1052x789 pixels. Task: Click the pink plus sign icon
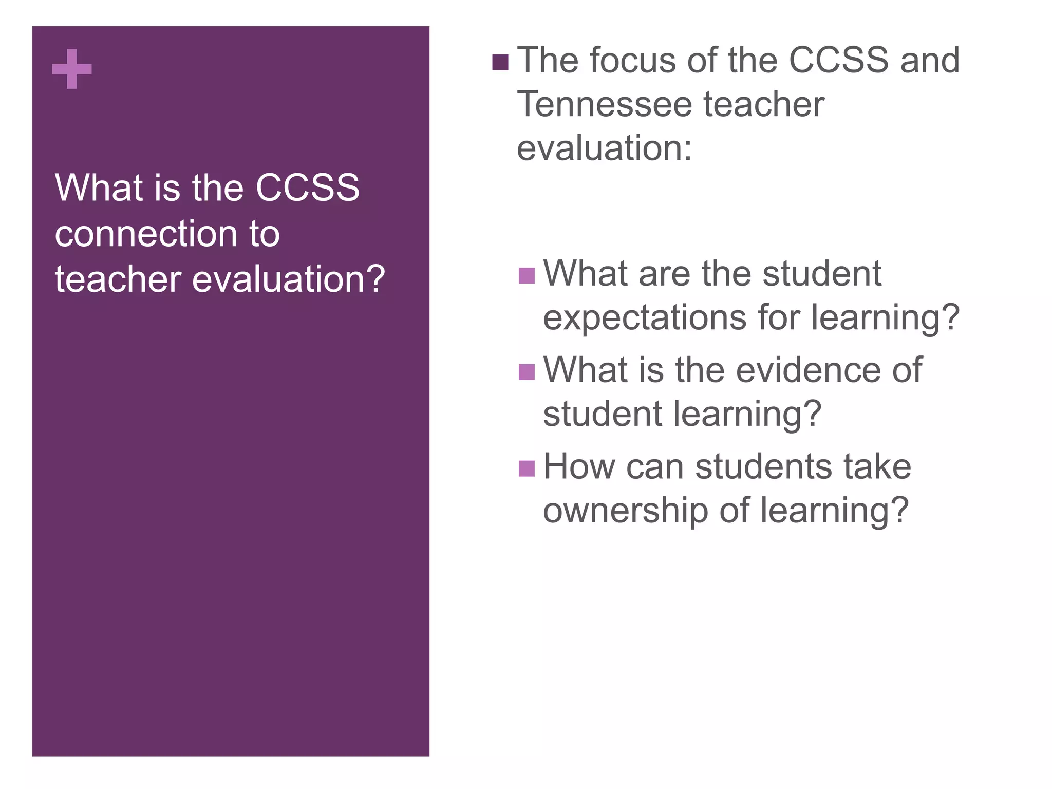(x=72, y=69)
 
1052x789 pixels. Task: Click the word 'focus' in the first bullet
(x=634, y=60)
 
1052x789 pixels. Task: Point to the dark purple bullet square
(x=500, y=63)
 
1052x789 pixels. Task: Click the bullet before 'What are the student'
(x=527, y=276)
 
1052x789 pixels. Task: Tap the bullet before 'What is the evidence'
(x=527, y=372)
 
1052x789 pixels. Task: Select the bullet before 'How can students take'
(x=527, y=468)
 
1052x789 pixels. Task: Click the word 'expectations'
(x=645, y=317)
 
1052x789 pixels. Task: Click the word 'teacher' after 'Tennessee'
(x=763, y=104)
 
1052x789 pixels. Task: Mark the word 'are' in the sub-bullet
(x=664, y=273)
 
